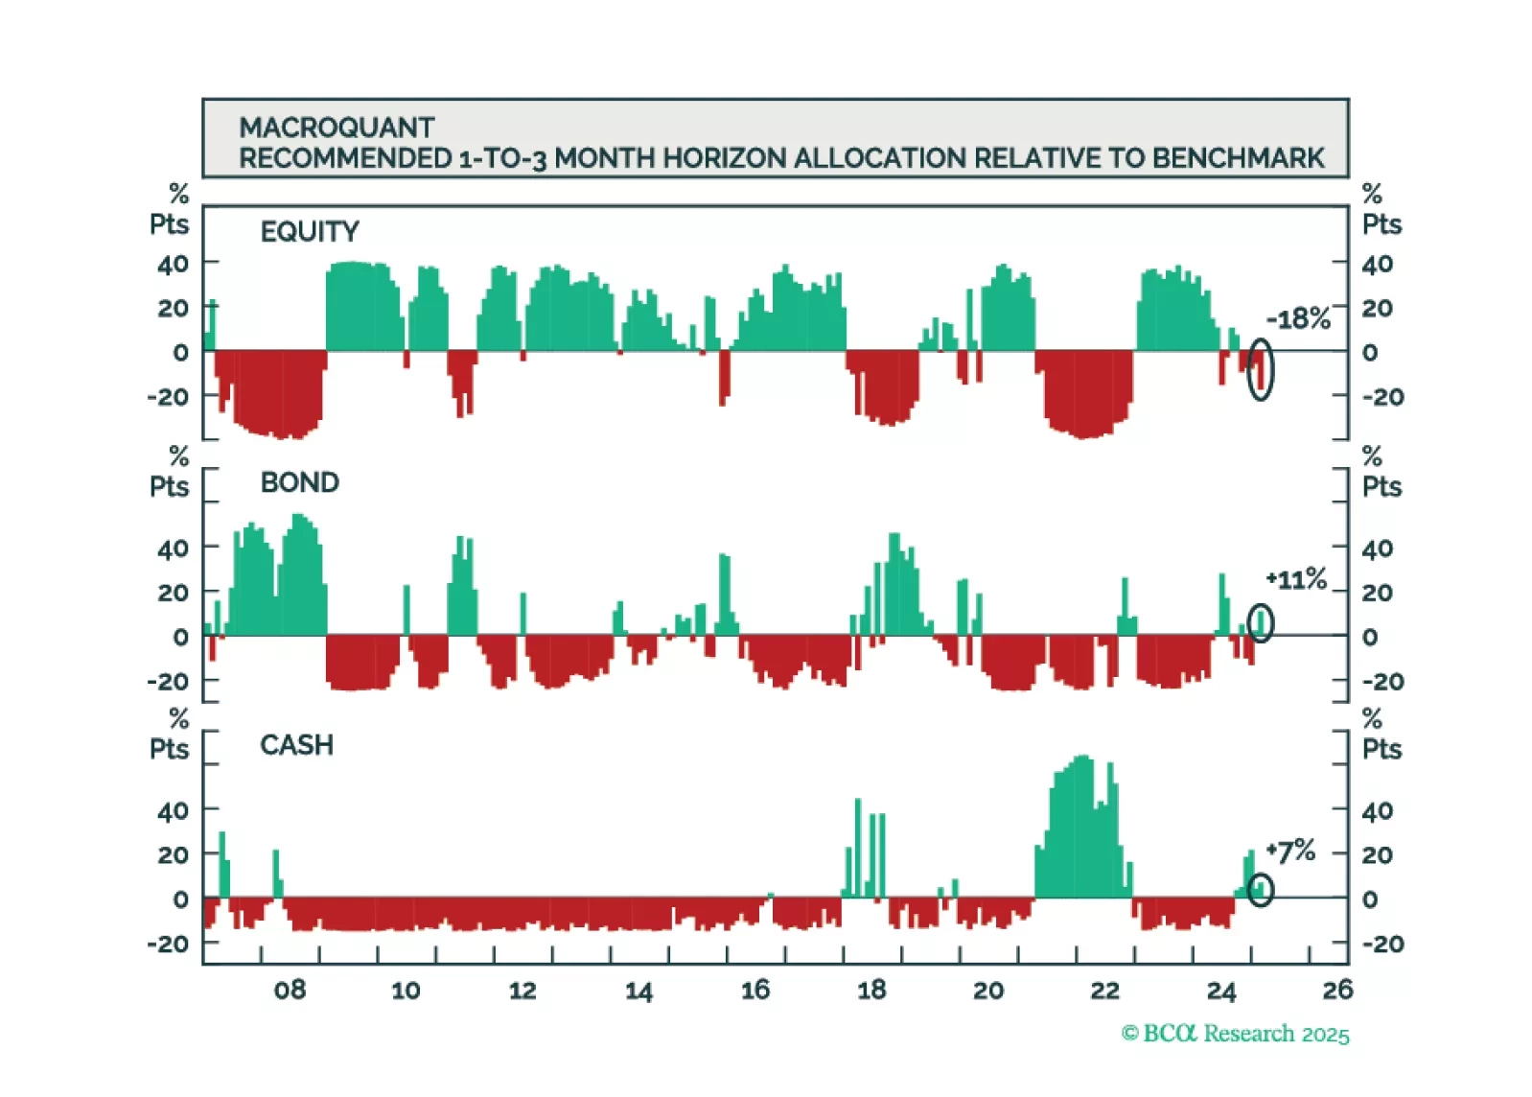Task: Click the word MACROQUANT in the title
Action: coord(337,128)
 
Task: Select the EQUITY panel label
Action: coord(310,231)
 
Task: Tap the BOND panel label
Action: coord(299,482)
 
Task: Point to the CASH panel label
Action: coord(296,745)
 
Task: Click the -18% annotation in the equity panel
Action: coord(1298,318)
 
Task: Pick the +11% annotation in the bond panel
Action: coord(1296,579)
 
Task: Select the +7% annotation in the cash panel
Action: coord(1290,851)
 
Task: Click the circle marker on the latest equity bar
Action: coord(1261,369)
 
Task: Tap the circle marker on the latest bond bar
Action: coord(1261,623)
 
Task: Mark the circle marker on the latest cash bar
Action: coord(1261,890)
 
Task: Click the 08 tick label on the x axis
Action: coord(290,991)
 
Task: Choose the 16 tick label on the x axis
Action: coord(755,991)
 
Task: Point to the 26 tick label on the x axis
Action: coord(1337,991)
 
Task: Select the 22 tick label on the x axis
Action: coord(1104,991)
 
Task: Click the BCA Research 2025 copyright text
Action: coord(1235,1034)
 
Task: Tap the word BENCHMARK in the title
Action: coord(1238,158)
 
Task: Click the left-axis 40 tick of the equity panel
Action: coord(173,264)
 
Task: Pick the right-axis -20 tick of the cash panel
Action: coord(1382,945)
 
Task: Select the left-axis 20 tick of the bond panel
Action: coord(173,593)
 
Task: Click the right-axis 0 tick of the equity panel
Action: coord(1370,352)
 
